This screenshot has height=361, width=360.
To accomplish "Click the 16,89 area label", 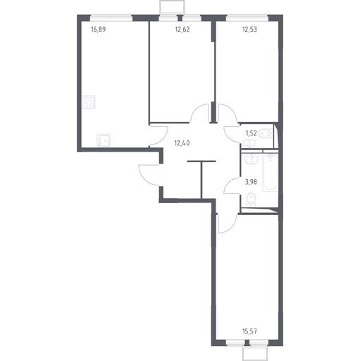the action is (98, 30).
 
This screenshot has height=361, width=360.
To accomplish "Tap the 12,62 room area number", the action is (182, 30).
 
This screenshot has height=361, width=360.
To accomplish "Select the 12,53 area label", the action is (249, 30).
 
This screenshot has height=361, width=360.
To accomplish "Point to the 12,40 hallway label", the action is (182, 143).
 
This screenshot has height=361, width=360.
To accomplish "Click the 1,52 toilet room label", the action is (251, 133).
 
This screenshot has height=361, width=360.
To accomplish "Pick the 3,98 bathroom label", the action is (251, 182).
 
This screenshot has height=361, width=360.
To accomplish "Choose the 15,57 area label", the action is (249, 331).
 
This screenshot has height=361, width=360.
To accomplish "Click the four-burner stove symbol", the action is (89, 102).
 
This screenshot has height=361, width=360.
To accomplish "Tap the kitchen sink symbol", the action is (104, 140).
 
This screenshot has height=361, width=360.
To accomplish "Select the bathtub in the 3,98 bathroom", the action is (270, 173).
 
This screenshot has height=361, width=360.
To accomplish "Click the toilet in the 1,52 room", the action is (266, 134).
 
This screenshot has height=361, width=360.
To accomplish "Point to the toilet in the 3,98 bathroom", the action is (251, 200).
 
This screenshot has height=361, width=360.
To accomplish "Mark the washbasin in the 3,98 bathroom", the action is (251, 159).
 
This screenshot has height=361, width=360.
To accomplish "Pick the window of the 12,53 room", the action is (247, 18).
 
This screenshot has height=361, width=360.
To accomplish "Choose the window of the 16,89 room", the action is (111, 18).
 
